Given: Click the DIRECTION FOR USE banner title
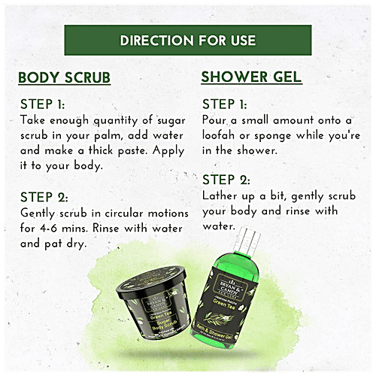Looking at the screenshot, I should point(187,41).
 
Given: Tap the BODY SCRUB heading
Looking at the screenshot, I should point(65,78).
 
